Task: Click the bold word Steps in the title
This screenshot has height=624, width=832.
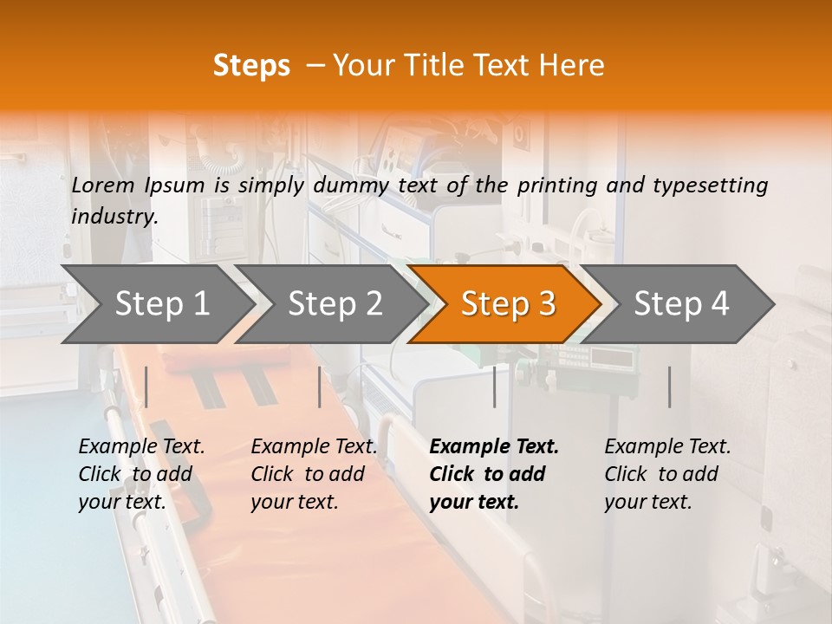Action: click(x=251, y=65)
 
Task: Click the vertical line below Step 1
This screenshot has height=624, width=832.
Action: click(x=146, y=387)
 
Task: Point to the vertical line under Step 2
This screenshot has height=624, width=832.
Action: click(x=320, y=387)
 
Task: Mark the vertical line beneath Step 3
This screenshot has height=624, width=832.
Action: click(x=494, y=387)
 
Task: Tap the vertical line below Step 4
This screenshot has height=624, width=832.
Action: click(x=669, y=387)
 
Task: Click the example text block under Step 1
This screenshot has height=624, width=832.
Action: click(x=141, y=474)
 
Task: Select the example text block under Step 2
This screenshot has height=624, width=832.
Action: click(x=314, y=474)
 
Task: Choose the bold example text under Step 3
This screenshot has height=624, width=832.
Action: click(x=494, y=474)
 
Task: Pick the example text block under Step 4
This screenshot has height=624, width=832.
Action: click(x=667, y=474)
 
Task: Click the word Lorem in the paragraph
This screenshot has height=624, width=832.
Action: click(x=103, y=185)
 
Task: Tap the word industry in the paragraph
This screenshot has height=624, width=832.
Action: click(x=114, y=216)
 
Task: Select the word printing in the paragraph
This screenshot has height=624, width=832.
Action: click(x=558, y=185)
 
